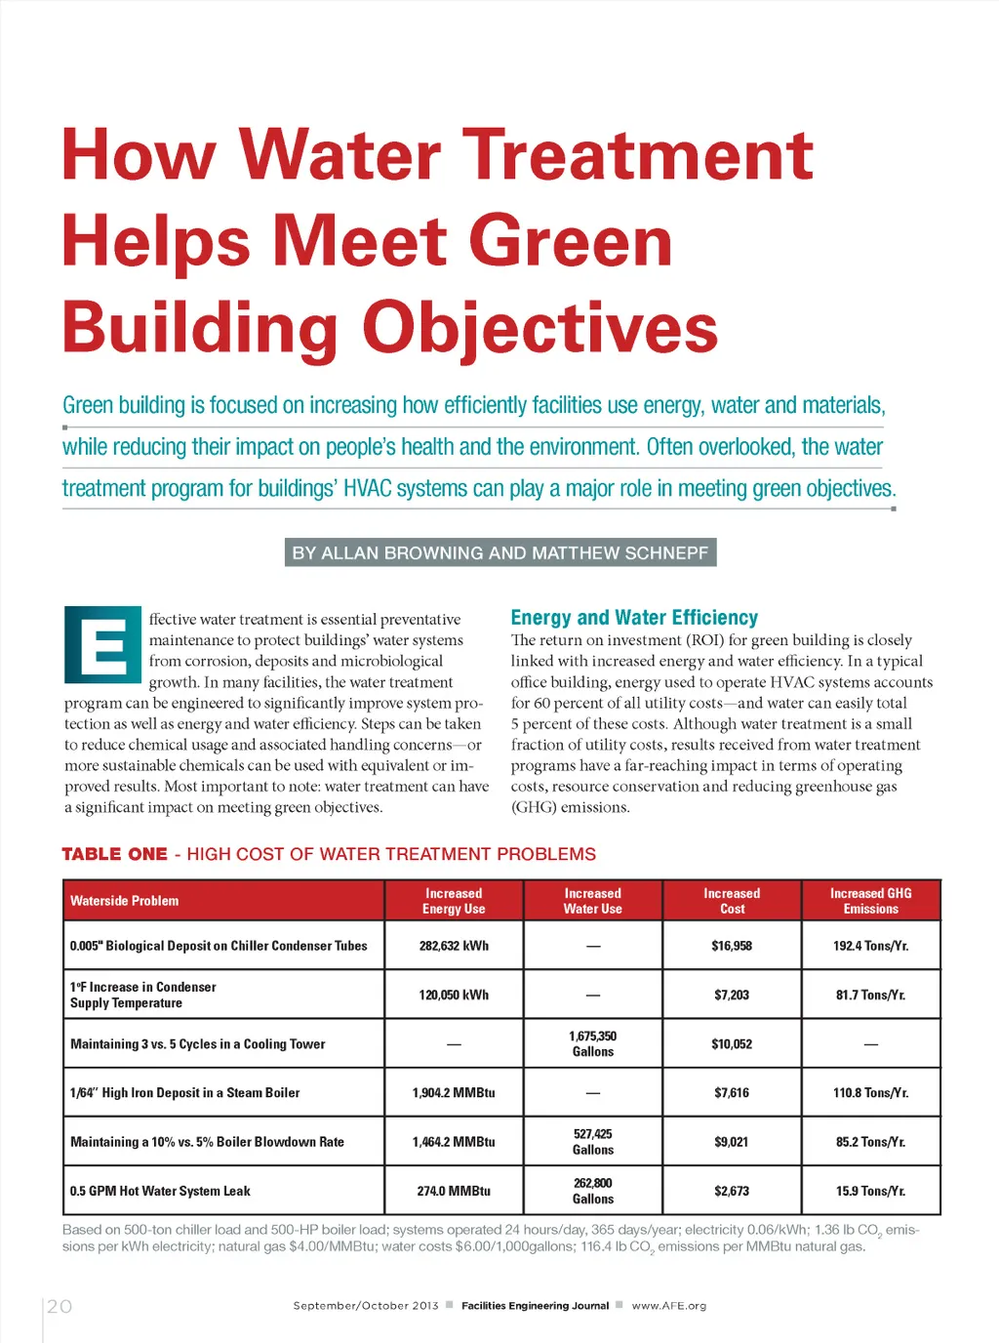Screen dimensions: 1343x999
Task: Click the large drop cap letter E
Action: pyautogui.click(x=102, y=644)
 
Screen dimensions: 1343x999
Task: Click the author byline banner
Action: pyautogui.click(x=500, y=552)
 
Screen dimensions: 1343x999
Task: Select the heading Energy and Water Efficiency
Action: pyautogui.click(x=634, y=618)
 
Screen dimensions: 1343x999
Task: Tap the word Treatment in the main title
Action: pyautogui.click(x=638, y=155)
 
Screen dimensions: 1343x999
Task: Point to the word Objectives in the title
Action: pyautogui.click(x=540, y=328)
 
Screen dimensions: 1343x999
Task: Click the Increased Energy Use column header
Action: pyautogui.click(x=454, y=901)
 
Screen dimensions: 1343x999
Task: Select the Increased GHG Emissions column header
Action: pyautogui.click(x=870, y=901)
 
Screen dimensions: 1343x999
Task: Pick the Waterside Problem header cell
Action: pyautogui.click(x=125, y=901)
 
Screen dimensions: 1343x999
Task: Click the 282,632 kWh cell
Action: pyautogui.click(x=454, y=946)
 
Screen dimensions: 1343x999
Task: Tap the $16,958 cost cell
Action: pyautogui.click(x=732, y=946)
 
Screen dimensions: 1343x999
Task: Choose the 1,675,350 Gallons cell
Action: pyautogui.click(x=593, y=1043)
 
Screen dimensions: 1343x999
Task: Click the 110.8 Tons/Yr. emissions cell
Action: pyautogui.click(x=870, y=1093)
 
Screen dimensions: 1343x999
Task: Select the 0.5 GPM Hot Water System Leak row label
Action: pyautogui.click(x=160, y=1191)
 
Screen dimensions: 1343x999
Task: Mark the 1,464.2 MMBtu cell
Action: pyautogui.click(x=454, y=1142)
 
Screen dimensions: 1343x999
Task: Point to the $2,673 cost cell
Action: pyautogui.click(x=732, y=1191)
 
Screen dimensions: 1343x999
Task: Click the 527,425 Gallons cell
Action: pyautogui.click(x=593, y=1142)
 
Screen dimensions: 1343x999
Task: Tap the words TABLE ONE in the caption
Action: pyautogui.click(x=114, y=854)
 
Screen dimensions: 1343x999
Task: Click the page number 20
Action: pyautogui.click(x=60, y=1306)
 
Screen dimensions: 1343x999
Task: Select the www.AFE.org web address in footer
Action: pyautogui.click(x=669, y=1306)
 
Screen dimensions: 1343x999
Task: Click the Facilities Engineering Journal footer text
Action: pyautogui.click(x=535, y=1306)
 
